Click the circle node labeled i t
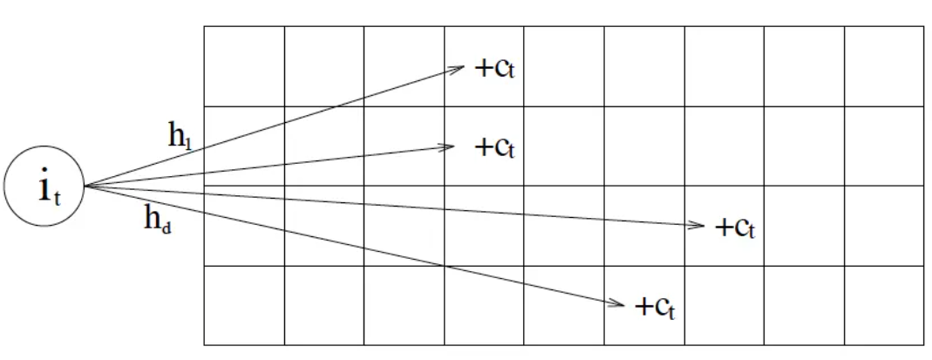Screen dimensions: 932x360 (44, 187)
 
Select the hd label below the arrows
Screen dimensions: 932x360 (158, 218)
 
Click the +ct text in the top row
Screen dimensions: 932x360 (494, 69)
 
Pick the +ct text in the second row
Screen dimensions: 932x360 (494, 147)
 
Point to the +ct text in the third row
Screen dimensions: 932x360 (734, 228)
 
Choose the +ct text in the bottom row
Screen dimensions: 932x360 (654, 307)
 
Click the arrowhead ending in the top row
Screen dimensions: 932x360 (460, 67)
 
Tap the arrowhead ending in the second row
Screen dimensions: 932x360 (450, 146)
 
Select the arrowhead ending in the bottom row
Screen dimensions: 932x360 (620, 304)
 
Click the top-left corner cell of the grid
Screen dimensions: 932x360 (244, 66)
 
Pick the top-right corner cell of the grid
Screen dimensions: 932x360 (884, 66)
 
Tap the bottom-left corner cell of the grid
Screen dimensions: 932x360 (244, 305)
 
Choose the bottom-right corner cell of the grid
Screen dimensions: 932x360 (884, 305)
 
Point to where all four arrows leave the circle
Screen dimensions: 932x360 (85, 186)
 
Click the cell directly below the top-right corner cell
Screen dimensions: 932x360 (884, 146)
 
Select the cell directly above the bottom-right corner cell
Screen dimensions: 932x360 (884, 226)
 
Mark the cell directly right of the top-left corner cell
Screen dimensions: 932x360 (324, 66)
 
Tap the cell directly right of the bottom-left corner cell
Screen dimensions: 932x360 (324, 305)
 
